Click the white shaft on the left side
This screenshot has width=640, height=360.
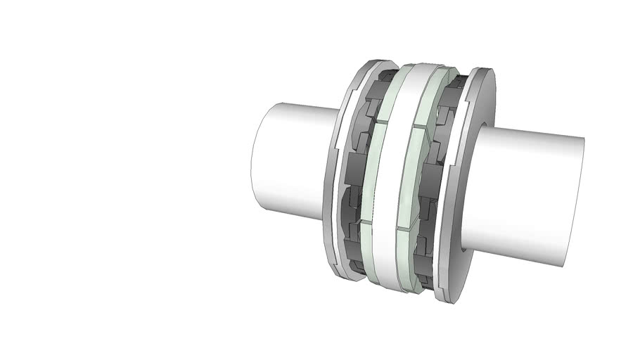pos(288,162)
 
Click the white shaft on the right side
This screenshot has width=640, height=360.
pos(535,197)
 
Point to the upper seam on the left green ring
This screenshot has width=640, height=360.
pos(378,122)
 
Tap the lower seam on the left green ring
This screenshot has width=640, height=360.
pos(366,223)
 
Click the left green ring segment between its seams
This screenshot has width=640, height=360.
pos(371,172)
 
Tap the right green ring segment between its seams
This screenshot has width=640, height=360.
pos(409,179)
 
